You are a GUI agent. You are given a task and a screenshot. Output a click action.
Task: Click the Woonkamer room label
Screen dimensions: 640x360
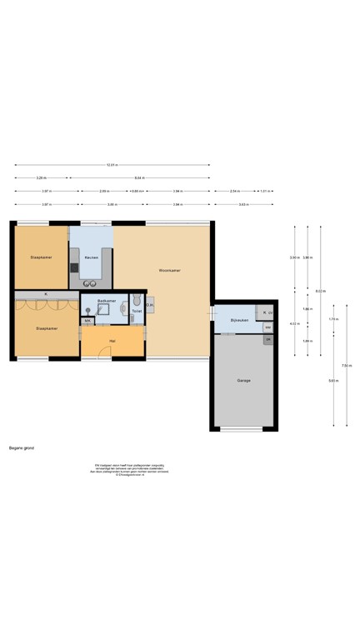(x=170, y=270)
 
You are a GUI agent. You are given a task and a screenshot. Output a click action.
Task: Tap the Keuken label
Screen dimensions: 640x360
(x=91, y=257)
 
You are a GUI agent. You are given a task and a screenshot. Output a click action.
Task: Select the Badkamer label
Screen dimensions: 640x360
(x=106, y=300)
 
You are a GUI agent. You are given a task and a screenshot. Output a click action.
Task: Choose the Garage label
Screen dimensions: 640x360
(x=243, y=380)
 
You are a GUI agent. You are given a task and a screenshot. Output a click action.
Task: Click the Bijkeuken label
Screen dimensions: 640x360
(x=240, y=319)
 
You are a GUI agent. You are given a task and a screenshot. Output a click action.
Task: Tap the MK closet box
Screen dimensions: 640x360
(x=87, y=321)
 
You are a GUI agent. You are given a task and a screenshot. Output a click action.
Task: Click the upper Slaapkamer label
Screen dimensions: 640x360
(x=41, y=257)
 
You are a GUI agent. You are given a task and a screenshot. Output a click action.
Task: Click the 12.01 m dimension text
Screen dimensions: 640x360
(x=112, y=165)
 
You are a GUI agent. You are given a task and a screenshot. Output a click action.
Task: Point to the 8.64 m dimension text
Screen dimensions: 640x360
(x=139, y=177)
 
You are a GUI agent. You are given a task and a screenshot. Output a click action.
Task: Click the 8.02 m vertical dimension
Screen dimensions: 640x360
(x=321, y=291)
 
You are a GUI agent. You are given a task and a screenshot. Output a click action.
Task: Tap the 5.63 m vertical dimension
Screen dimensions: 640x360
(x=333, y=381)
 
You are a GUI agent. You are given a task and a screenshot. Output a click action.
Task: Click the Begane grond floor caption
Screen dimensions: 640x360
(x=22, y=447)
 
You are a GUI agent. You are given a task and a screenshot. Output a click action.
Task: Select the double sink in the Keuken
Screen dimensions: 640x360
(x=90, y=283)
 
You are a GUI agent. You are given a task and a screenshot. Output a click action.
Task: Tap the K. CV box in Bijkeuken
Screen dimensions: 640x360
(x=267, y=312)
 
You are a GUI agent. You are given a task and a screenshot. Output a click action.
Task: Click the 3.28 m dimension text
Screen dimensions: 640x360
(x=41, y=177)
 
